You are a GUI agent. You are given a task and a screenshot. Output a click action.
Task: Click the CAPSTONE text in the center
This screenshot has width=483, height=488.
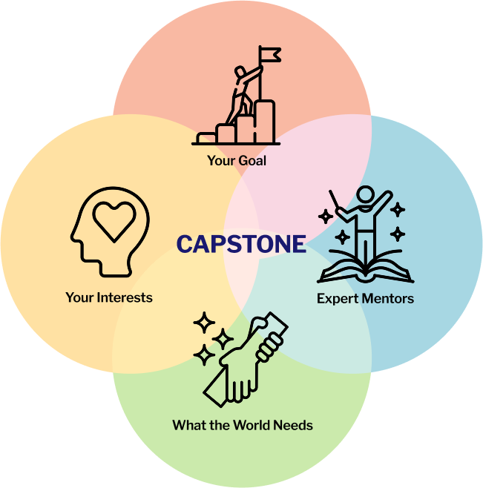tap(241, 244)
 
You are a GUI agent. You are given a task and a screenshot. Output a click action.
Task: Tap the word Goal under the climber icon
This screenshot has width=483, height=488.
tap(252, 160)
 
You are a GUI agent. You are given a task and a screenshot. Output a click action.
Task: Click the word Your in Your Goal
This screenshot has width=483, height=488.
tap(221, 160)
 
